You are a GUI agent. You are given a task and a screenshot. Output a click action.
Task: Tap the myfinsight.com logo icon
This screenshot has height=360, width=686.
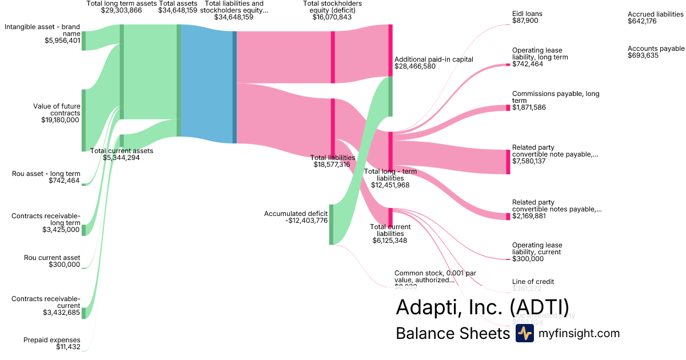click(x=524, y=334)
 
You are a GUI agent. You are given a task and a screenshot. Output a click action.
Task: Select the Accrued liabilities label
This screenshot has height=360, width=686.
click(x=656, y=18)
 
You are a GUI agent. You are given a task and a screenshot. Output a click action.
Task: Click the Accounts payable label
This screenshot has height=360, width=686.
click(x=656, y=52)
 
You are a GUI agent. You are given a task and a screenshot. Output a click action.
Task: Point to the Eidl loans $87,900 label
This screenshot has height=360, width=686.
click(x=527, y=17)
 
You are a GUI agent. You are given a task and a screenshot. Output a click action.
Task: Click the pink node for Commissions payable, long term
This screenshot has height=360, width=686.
click(x=508, y=107)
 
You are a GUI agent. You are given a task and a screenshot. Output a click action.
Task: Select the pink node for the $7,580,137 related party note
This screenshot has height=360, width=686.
click(x=508, y=162)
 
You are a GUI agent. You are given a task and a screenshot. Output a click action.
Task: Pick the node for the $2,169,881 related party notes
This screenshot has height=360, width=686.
click(x=508, y=216)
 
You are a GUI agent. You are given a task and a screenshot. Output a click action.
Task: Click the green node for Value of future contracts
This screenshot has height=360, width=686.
click(x=83, y=120)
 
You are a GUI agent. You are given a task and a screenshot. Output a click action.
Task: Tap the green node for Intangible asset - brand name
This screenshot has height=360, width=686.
click(x=83, y=41)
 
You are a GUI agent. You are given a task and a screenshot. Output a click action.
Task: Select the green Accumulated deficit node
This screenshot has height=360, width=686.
click(x=331, y=224)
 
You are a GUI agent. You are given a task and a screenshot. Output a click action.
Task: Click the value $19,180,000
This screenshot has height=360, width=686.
click(x=61, y=120)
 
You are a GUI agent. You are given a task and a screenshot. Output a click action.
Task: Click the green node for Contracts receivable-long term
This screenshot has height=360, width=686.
click(x=83, y=230)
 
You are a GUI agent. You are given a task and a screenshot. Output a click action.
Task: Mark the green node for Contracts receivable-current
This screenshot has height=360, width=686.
click(x=83, y=313)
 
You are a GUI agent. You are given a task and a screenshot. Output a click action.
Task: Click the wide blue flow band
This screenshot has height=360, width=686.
click(x=206, y=80)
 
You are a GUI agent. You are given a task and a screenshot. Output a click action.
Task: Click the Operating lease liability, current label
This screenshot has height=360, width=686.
click(x=537, y=252)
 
